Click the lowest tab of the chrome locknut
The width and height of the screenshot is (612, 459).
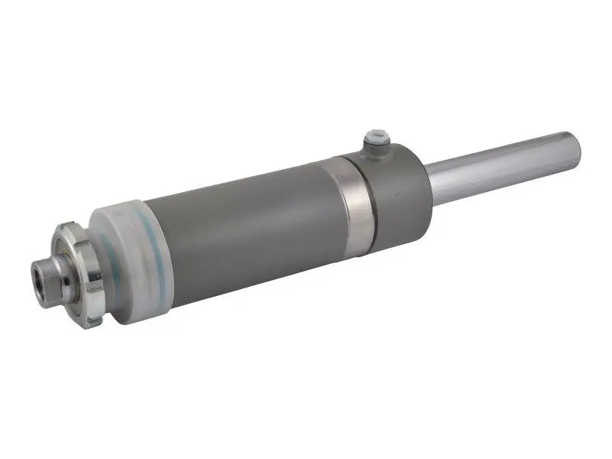pos(93,321)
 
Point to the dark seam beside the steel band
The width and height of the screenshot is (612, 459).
pos(371,200)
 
